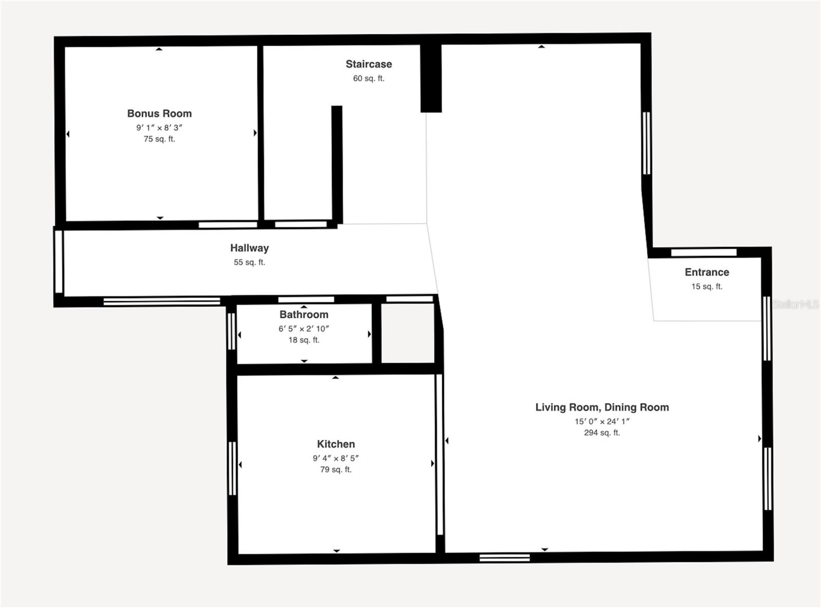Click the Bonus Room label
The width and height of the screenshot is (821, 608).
(x=159, y=113)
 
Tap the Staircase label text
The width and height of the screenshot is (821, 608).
(x=368, y=64)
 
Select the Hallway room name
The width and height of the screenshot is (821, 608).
(x=249, y=248)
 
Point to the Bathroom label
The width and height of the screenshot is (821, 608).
(x=304, y=315)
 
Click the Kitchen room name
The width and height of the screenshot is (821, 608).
(x=336, y=444)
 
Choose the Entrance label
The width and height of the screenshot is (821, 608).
(x=707, y=272)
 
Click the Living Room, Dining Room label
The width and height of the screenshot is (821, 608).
(x=602, y=407)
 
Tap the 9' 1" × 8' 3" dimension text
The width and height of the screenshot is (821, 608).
(x=159, y=128)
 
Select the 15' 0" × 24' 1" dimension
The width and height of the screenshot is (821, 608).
(x=602, y=421)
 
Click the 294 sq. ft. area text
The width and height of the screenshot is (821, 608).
(x=602, y=433)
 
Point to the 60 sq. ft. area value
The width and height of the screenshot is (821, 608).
(x=368, y=79)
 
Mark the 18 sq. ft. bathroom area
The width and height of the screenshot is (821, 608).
(x=304, y=340)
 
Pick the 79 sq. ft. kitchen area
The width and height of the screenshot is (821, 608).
(x=336, y=469)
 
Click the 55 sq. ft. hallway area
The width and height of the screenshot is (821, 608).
(x=249, y=262)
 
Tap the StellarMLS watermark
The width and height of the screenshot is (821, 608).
(x=796, y=304)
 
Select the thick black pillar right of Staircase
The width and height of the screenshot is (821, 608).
(x=431, y=77)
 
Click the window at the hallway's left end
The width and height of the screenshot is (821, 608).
(x=58, y=262)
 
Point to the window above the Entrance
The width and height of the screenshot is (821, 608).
(x=703, y=252)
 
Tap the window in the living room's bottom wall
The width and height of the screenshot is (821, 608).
(x=504, y=558)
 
